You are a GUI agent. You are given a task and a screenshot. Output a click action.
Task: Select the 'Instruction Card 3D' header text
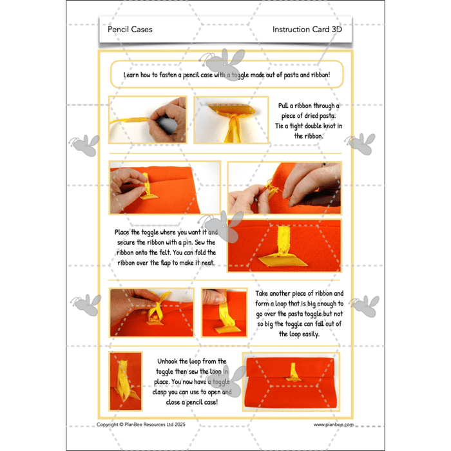[x=307, y=30]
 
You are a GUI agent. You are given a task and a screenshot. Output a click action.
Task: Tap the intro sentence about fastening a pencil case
[x=227, y=75]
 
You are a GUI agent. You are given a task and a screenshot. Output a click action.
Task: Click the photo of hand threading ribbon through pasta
[x=148, y=120]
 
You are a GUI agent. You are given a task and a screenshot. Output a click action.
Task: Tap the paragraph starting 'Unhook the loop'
[x=191, y=383]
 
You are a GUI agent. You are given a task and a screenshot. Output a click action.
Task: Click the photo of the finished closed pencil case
[x=291, y=382]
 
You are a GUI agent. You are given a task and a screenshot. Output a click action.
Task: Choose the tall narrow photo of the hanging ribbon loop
[x=125, y=381]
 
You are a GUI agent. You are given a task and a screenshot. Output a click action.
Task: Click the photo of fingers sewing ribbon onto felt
[x=284, y=187]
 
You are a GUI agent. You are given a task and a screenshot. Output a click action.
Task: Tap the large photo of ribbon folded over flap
[x=284, y=245]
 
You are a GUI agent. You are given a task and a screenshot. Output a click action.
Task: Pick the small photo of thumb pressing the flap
[x=224, y=312]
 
